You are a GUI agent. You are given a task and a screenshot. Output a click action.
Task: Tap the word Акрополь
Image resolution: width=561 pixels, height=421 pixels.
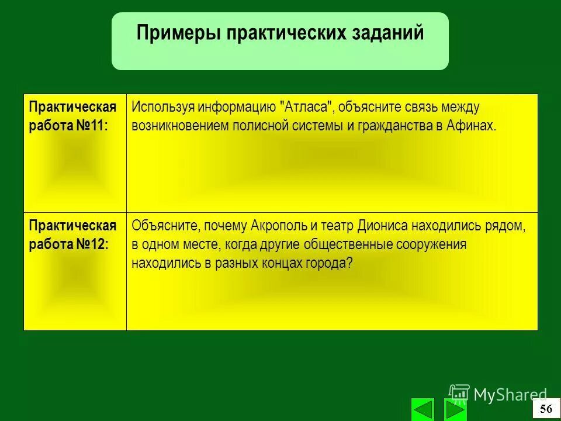(276, 226)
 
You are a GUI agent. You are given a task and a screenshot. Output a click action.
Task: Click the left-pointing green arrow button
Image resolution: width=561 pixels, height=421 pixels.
(423, 409)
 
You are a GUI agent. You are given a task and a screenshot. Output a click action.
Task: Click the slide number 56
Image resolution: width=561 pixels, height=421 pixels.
(546, 409)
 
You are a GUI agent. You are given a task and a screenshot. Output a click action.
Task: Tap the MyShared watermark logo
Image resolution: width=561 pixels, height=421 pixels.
(498, 395)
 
